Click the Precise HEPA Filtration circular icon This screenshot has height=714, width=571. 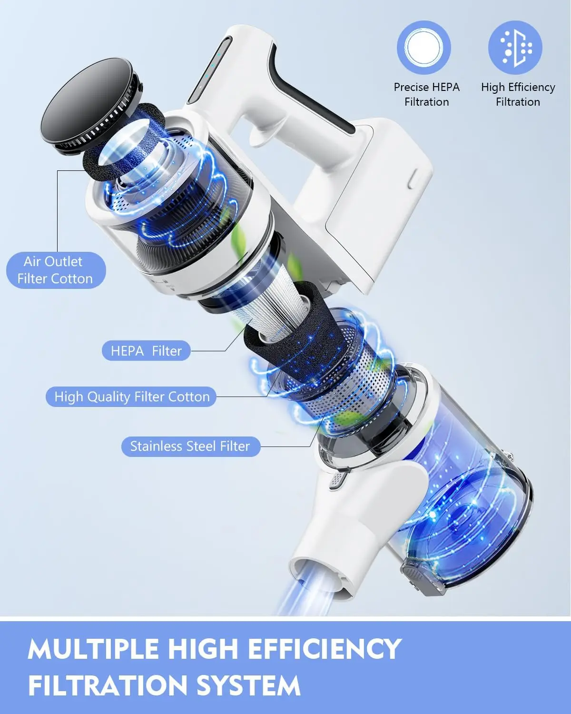coord(424,47)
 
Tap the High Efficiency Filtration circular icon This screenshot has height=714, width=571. coord(515,47)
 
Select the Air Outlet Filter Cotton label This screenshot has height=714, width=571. coord(56,270)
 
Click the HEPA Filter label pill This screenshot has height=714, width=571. coord(146,351)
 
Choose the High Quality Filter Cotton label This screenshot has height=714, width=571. coord(131,397)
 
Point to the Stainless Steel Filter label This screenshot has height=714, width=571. coord(190,446)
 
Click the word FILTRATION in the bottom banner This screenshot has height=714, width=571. coord(108,686)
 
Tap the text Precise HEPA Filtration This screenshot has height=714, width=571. coord(427,94)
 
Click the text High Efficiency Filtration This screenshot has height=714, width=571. coord(518,94)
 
